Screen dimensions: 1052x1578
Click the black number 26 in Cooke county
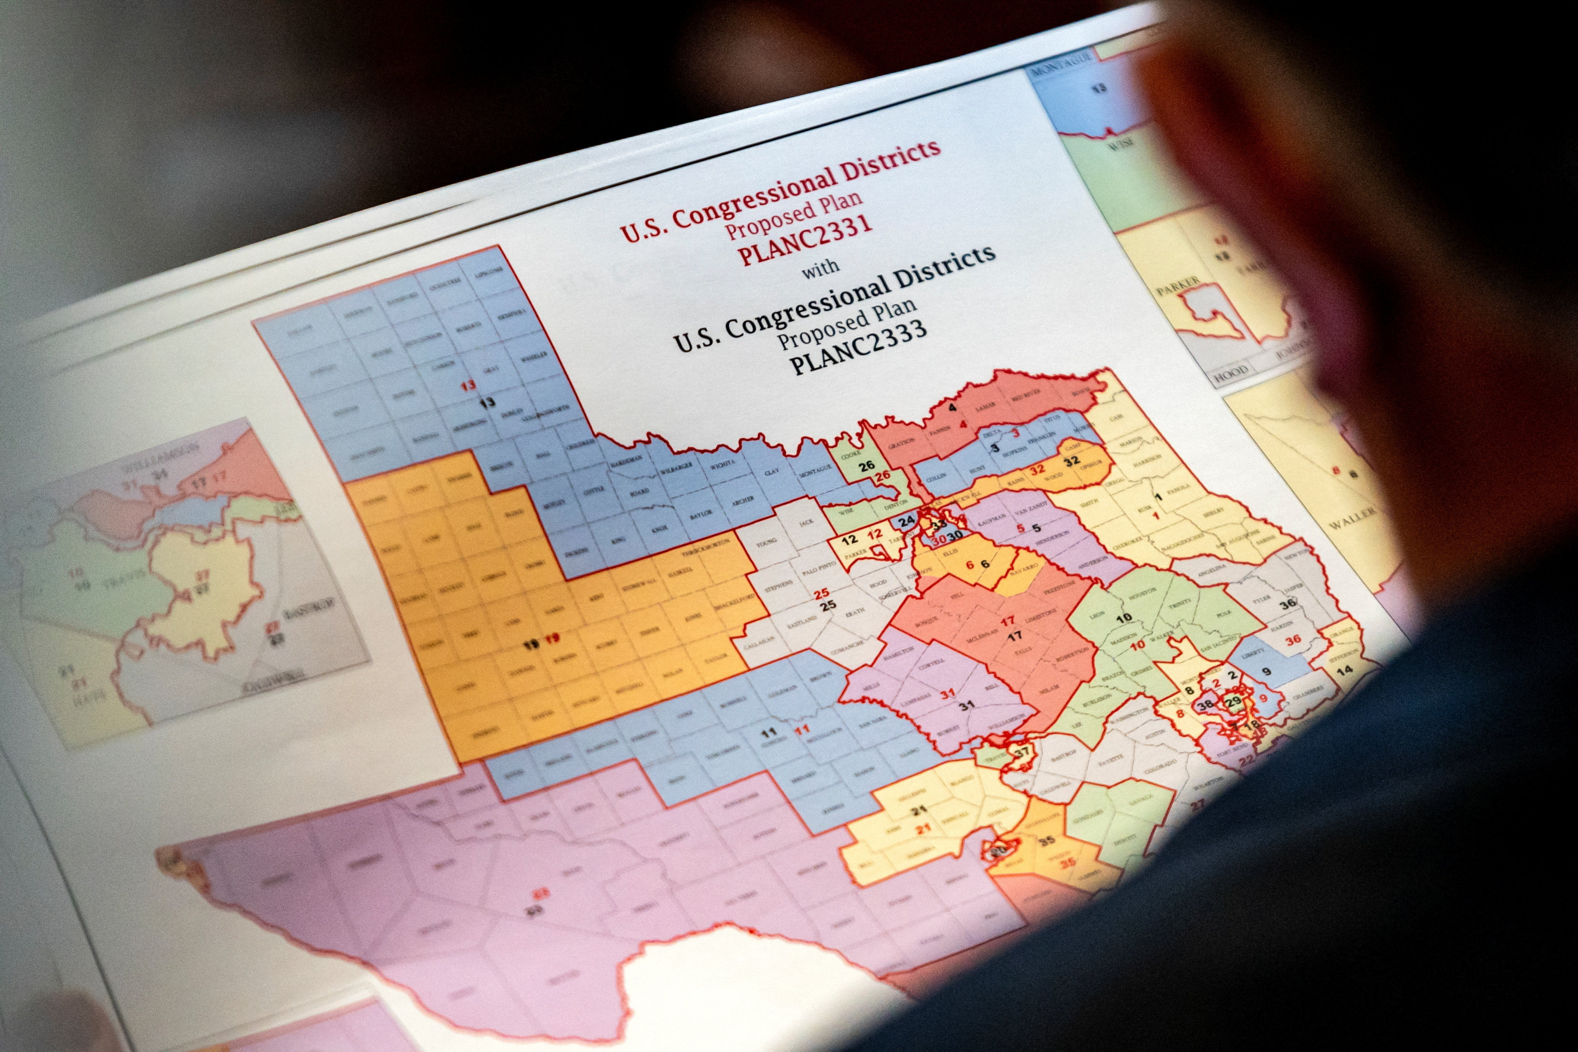click(x=867, y=465)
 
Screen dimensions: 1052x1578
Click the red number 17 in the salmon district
click(x=1008, y=621)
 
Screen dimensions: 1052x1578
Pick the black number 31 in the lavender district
click(x=966, y=705)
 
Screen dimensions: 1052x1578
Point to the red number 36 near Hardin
click(x=1293, y=639)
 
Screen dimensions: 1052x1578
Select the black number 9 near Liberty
click(x=1266, y=671)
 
